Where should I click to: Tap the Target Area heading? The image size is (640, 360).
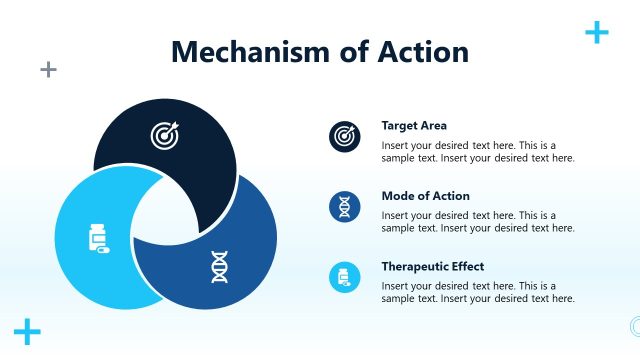[414, 126]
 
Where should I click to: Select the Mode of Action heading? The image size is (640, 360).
[425, 196]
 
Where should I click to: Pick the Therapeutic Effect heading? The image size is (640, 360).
[432, 267]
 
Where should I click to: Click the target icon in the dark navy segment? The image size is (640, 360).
[164, 134]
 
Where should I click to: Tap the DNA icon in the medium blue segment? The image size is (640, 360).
[219, 266]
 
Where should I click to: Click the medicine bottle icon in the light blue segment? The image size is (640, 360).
[98, 240]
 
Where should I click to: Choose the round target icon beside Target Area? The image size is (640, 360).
[345, 136]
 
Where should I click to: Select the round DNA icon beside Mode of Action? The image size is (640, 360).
[345, 207]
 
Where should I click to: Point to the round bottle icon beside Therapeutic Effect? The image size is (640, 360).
[345, 278]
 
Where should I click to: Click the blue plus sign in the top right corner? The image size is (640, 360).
[596, 33]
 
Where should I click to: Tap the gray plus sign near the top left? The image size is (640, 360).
[48, 69]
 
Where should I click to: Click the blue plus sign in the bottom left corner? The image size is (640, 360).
[28, 332]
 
